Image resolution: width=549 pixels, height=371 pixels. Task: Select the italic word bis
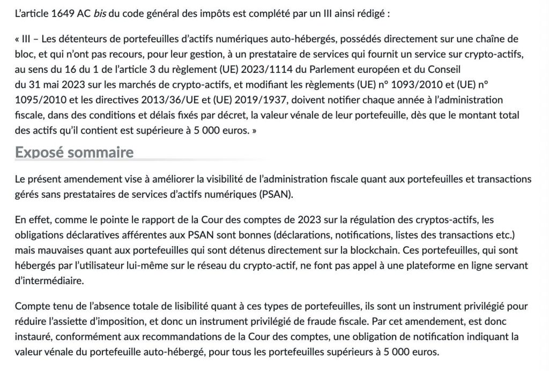pyautogui.click(x=100, y=13)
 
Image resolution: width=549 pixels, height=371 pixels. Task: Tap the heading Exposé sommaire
pyautogui.click(x=74, y=152)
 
